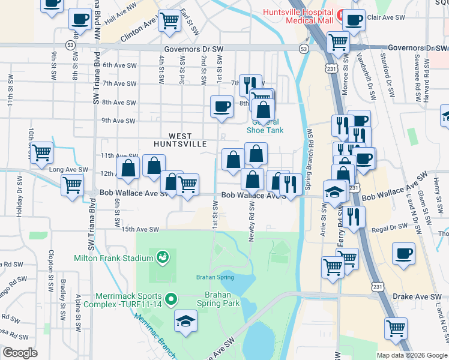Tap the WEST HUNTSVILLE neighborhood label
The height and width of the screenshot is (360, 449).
[x=179, y=140]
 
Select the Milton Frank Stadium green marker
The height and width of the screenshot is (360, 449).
[x=161, y=258]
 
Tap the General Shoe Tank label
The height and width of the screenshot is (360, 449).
[x=265, y=126]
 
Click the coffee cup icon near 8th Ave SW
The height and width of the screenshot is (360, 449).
[x=221, y=107]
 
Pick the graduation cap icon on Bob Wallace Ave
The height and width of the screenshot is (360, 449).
[x=334, y=191]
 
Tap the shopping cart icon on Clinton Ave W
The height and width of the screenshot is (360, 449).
[x=170, y=20]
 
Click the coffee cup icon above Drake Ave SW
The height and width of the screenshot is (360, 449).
[x=403, y=253]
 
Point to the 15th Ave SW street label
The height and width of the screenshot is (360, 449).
[x=140, y=229]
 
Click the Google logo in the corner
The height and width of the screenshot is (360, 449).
[x=20, y=353]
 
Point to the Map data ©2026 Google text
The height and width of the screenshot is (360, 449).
[x=411, y=355]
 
